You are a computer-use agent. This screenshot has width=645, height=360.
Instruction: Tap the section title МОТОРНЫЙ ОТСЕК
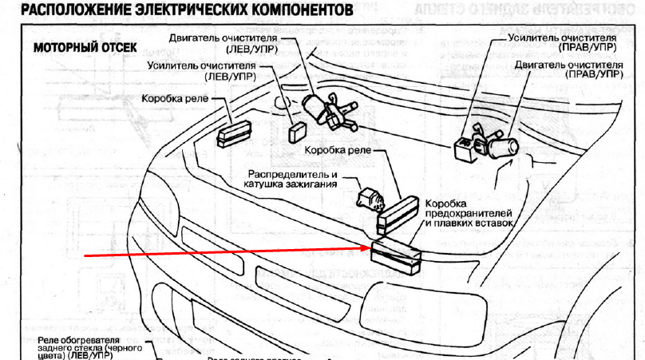pos(82,47)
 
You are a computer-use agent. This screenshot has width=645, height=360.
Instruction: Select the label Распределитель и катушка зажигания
pos(291,178)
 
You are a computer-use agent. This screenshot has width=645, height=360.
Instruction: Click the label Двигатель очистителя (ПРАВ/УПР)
pos(568,68)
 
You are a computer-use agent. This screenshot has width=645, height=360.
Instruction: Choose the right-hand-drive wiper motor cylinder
pos(505,147)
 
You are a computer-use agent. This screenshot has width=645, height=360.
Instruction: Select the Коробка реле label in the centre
pos(336,149)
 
